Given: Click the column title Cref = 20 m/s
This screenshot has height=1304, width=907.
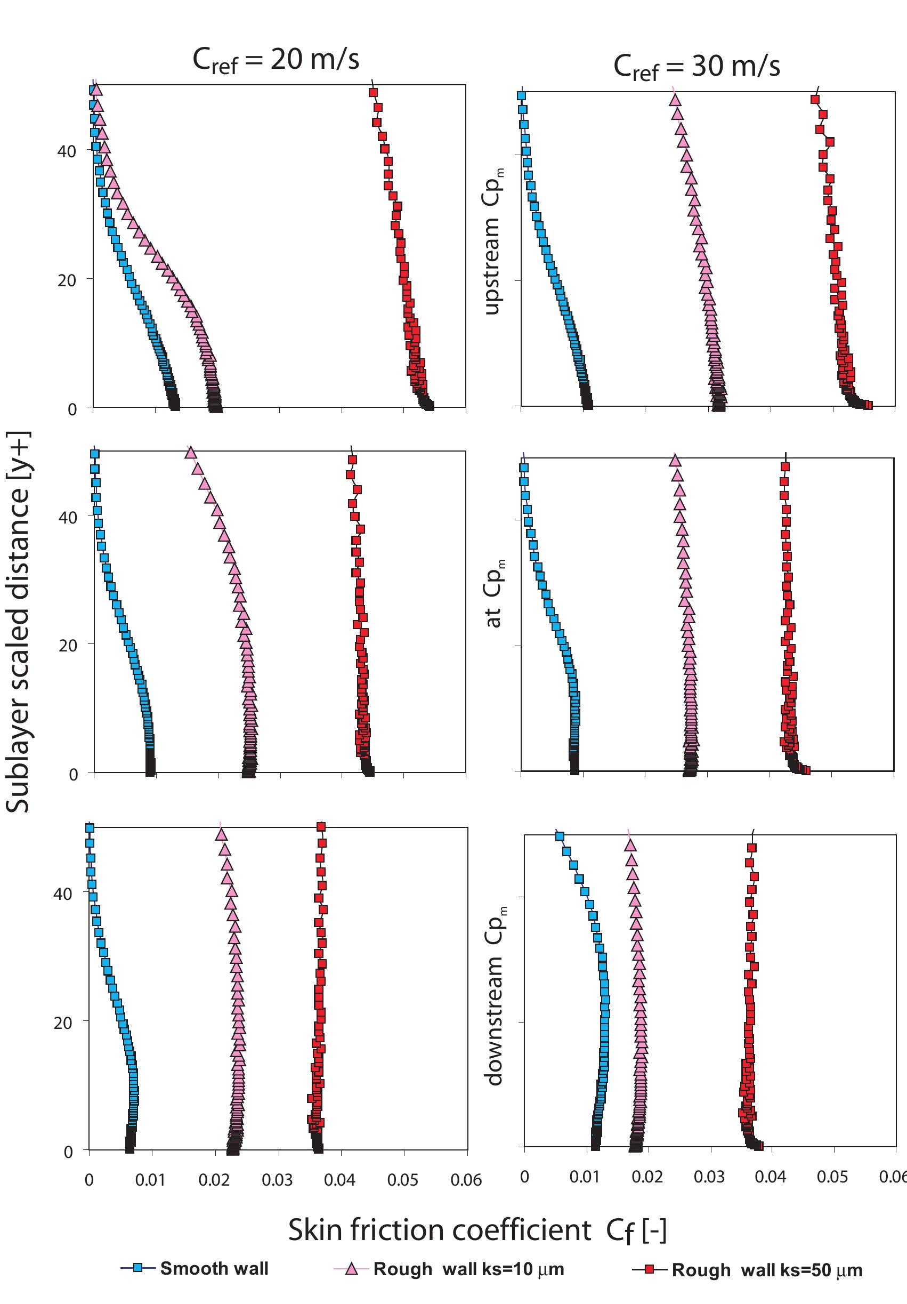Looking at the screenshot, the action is pyautogui.click(x=276, y=60).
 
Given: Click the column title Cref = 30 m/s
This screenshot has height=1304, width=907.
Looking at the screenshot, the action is pyautogui.click(x=697, y=67).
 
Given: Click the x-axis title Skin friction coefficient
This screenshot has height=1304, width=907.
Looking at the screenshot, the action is pyautogui.click(x=477, y=1230).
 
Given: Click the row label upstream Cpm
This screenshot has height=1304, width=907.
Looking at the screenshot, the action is pyautogui.click(x=492, y=241).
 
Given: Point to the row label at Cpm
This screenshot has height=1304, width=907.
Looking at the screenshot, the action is pyautogui.click(x=493, y=594).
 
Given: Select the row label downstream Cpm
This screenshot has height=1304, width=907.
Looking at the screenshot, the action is pyautogui.click(x=495, y=996).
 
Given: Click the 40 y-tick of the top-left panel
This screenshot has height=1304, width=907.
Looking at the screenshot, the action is pyautogui.click(x=67, y=151).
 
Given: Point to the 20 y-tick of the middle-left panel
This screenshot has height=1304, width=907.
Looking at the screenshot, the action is pyautogui.click(x=68, y=645).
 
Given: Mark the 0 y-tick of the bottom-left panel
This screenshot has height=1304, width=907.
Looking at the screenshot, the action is pyautogui.click(x=69, y=1152).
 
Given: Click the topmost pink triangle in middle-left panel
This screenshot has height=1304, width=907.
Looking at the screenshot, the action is pyautogui.click(x=191, y=453).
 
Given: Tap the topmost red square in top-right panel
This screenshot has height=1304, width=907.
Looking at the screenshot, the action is pyautogui.click(x=815, y=100).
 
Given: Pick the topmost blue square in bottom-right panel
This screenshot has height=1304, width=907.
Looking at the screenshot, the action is pyautogui.click(x=559, y=836).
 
